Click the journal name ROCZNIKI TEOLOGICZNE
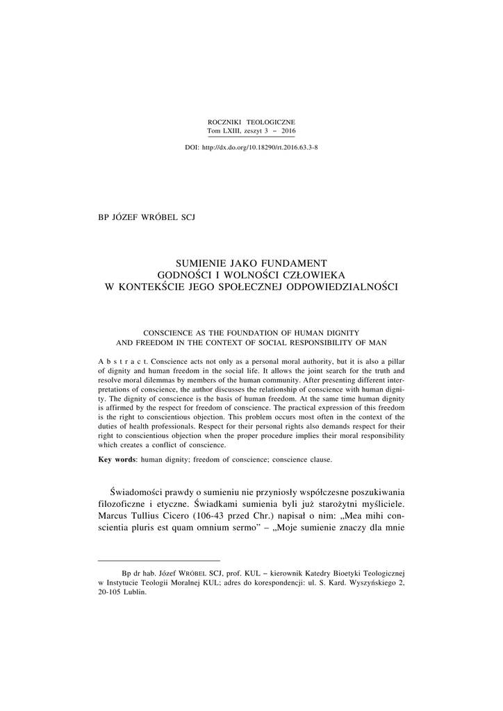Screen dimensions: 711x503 tap(251, 122)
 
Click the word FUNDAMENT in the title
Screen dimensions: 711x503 tap(296, 262)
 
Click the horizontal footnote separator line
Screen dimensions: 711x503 tap(159, 560)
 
